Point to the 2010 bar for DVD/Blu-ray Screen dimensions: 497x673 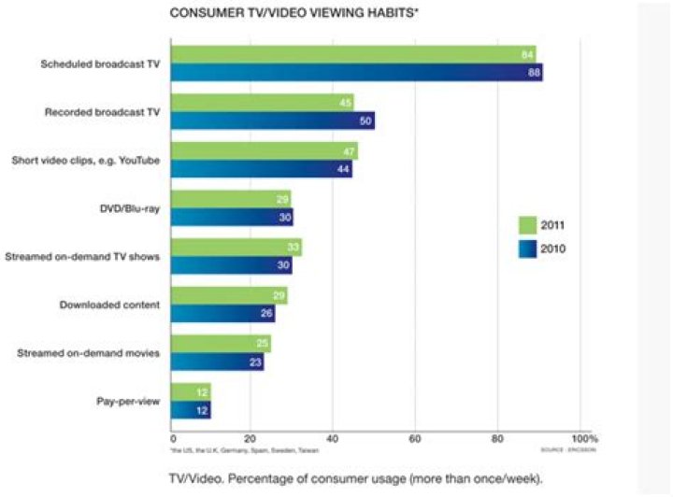coord(232,218)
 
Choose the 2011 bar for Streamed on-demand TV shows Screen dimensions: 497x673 coord(236,248)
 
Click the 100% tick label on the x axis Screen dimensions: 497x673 coord(583,437)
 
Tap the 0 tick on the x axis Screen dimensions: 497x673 coord(173,437)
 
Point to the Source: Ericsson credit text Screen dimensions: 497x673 coord(568,450)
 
